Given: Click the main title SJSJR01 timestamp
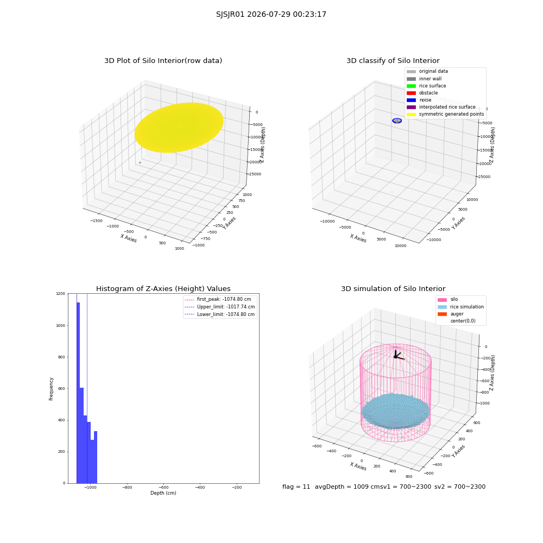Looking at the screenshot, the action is (x=271, y=15).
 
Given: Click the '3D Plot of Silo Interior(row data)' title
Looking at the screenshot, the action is (x=163, y=61).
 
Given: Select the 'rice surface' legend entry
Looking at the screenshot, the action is (x=426, y=86).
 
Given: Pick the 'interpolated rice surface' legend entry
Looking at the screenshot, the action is (x=441, y=107).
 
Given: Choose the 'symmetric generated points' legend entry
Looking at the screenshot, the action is (x=445, y=114).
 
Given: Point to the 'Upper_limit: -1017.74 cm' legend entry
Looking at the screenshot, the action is (x=220, y=307).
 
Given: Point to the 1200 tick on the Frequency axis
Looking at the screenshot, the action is (x=61, y=294).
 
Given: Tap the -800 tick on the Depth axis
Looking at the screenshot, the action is (x=127, y=487).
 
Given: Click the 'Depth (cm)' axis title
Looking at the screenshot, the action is (x=163, y=493).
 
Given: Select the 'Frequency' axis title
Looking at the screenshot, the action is (x=51, y=389).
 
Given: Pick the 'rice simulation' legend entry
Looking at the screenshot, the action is (x=460, y=307).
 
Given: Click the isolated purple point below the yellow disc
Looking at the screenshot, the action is (x=140, y=162).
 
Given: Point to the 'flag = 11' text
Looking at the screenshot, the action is (x=296, y=487).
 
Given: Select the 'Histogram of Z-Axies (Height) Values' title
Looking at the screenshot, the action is (x=163, y=289).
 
